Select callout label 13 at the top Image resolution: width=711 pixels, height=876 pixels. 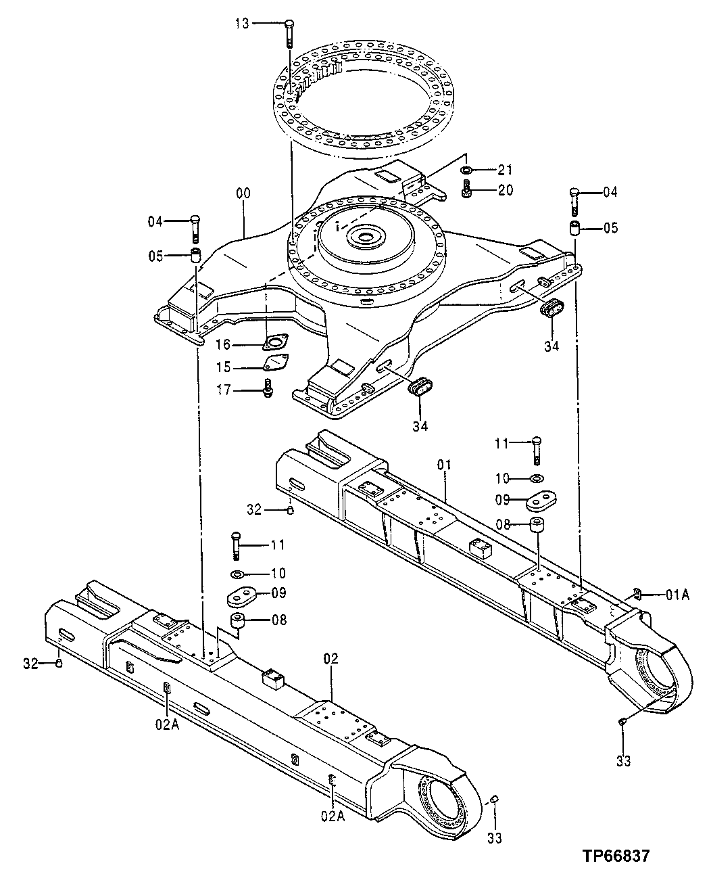[242, 24]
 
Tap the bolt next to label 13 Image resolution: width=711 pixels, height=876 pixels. [289, 31]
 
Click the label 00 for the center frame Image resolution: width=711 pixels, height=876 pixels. [243, 193]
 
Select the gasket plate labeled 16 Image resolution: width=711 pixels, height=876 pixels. [275, 344]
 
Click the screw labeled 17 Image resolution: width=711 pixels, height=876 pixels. [268, 389]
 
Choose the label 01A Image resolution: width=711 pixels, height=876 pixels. [677, 595]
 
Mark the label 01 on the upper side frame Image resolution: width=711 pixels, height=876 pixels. [444, 465]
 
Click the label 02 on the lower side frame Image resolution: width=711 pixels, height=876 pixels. [331, 658]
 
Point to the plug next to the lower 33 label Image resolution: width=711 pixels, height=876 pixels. [494, 800]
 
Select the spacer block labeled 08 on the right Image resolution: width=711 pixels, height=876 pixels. [537, 526]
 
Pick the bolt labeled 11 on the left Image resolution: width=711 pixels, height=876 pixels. [236, 545]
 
